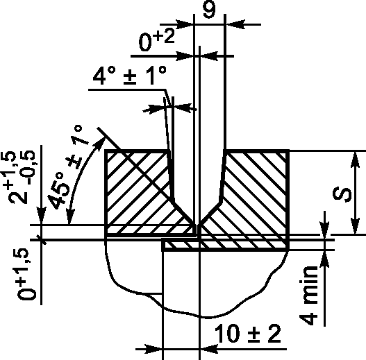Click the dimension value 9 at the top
click(x=209, y=9)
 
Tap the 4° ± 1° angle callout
click(x=130, y=76)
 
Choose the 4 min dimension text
click(x=308, y=295)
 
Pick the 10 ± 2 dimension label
click(x=247, y=334)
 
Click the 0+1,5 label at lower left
click(x=26, y=275)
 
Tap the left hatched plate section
click(x=138, y=191)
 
